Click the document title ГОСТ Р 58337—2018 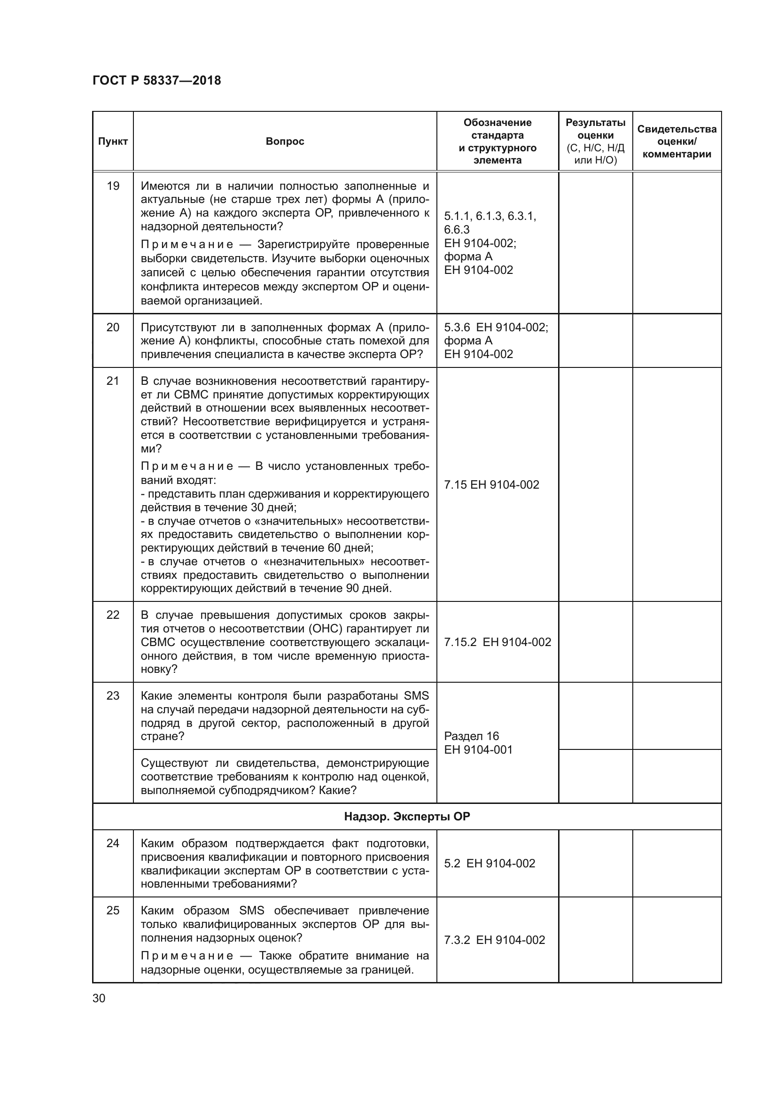[156, 80]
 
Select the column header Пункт [112, 141]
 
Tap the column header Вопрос [285, 141]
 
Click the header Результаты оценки [595, 141]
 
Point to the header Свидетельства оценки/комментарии [676, 141]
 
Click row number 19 [112, 186]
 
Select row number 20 [112, 327]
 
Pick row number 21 [112, 381]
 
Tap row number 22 [112, 615]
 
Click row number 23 [112, 695]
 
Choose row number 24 [112, 843]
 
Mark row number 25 [112, 911]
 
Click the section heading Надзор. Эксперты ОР [407, 817]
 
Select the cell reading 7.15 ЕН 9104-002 [491, 484]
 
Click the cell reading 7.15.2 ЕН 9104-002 [497, 642]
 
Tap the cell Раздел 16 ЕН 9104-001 [478, 743]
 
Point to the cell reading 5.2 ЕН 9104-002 [490, 863]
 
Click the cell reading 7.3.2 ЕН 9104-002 [494, 940]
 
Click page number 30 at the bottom [99, 998]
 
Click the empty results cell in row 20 [595, 340]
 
